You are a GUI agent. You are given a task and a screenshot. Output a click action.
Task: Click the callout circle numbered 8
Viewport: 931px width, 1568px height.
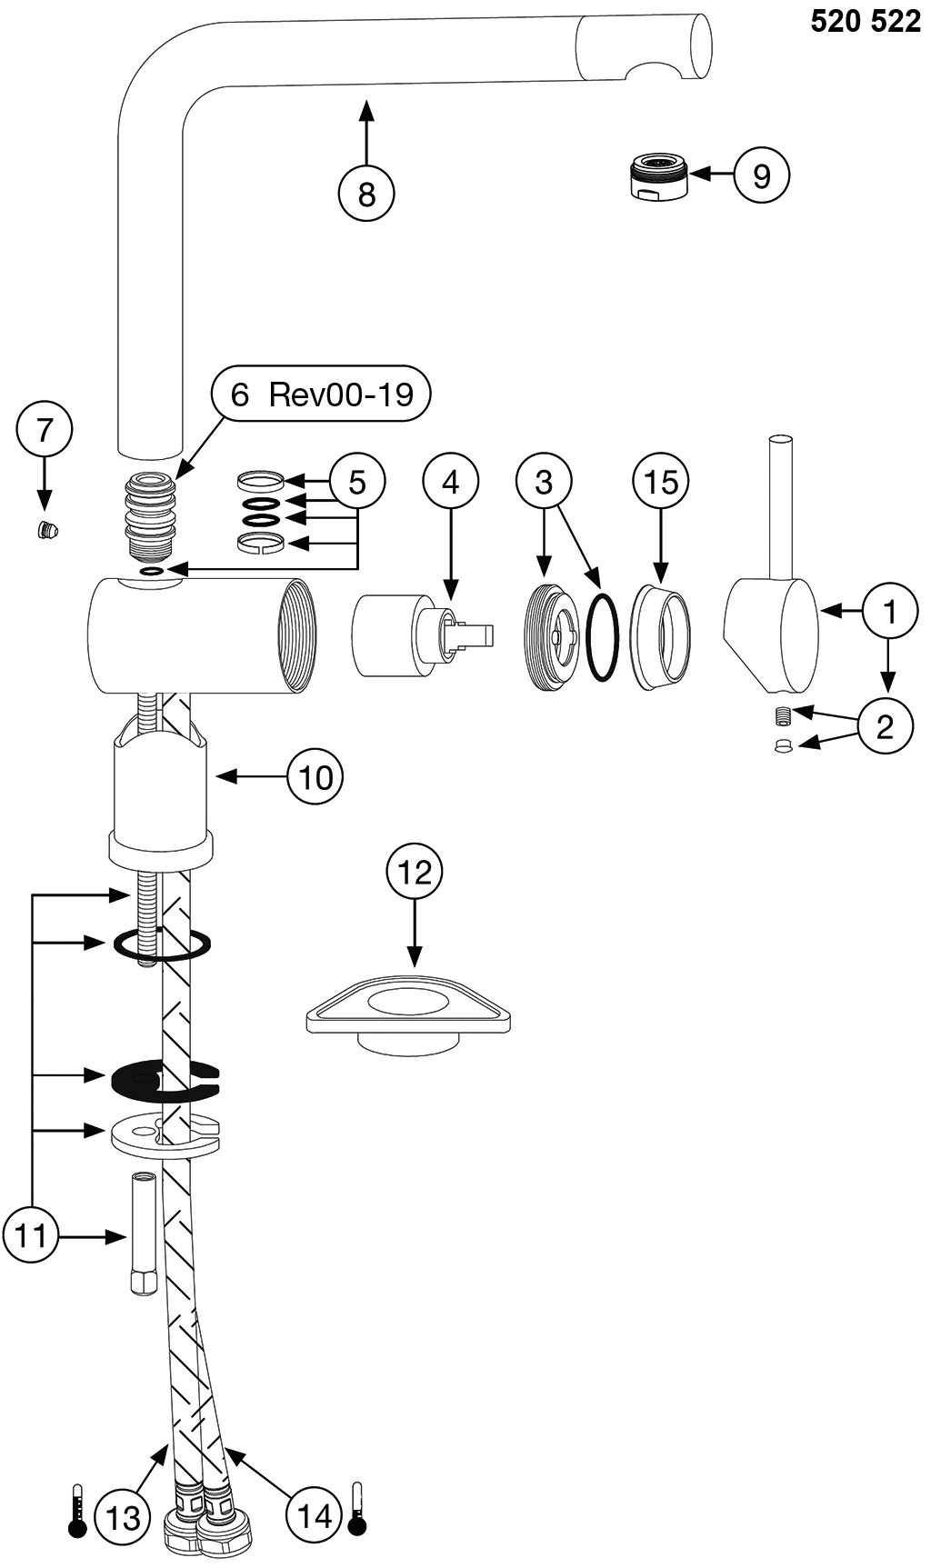[x=366, y=194]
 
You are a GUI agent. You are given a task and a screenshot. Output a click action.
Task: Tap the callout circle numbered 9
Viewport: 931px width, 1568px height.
[x=761, y=175]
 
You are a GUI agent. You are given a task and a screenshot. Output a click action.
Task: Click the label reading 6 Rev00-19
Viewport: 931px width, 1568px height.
[x=320, y=394]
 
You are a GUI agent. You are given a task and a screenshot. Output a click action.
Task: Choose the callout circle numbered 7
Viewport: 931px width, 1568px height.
[x=45, y=429]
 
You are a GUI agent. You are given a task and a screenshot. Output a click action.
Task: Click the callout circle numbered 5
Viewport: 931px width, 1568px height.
[x=356, y=482]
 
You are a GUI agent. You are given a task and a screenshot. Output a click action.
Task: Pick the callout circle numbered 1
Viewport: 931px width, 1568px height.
[x=890, y=612]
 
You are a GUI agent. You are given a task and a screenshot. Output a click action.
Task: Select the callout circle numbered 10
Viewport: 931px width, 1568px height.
[x=315, y=777]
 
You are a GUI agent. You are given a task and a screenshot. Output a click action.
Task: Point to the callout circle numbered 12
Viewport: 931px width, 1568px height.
[x=415, y=873]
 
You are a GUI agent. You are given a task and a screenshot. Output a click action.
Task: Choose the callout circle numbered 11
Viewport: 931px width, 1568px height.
[x=32, y=1236]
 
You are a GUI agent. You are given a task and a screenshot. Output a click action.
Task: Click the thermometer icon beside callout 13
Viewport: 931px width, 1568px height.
[x=77, y=1510]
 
